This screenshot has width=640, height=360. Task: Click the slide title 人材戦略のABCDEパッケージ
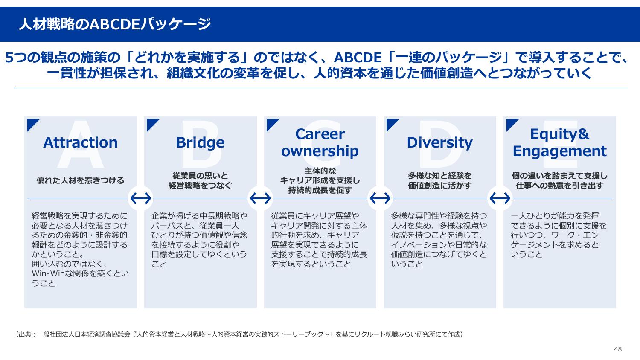click(115, 24)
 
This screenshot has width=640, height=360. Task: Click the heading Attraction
click(80, 142)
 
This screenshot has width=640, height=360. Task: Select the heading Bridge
click(200, 142)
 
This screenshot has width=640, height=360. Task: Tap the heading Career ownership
click(320, 142)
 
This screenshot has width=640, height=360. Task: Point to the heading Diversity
click(439, 142)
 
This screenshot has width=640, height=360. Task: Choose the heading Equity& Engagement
click(559, 142)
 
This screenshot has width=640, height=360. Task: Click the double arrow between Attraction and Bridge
click(140, 198)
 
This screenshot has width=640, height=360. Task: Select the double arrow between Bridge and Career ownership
click(260, 198)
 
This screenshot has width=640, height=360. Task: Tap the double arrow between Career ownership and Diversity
click(380, 198)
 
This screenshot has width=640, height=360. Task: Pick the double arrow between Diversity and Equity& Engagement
click(500, 198)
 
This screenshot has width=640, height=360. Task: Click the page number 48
click(618, 349)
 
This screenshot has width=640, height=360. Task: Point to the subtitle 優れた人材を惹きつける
click(80, 180)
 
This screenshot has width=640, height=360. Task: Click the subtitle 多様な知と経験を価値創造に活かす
click(439, 180)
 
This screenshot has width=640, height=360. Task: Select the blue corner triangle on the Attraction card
click(32, 123)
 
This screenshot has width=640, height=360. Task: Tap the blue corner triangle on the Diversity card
click(391, 123)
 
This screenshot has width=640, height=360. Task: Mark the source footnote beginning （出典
click(239, 334)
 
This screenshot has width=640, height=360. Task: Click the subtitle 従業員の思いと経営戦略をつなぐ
click(200, 180)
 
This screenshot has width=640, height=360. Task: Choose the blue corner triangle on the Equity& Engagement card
click(511, 123)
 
